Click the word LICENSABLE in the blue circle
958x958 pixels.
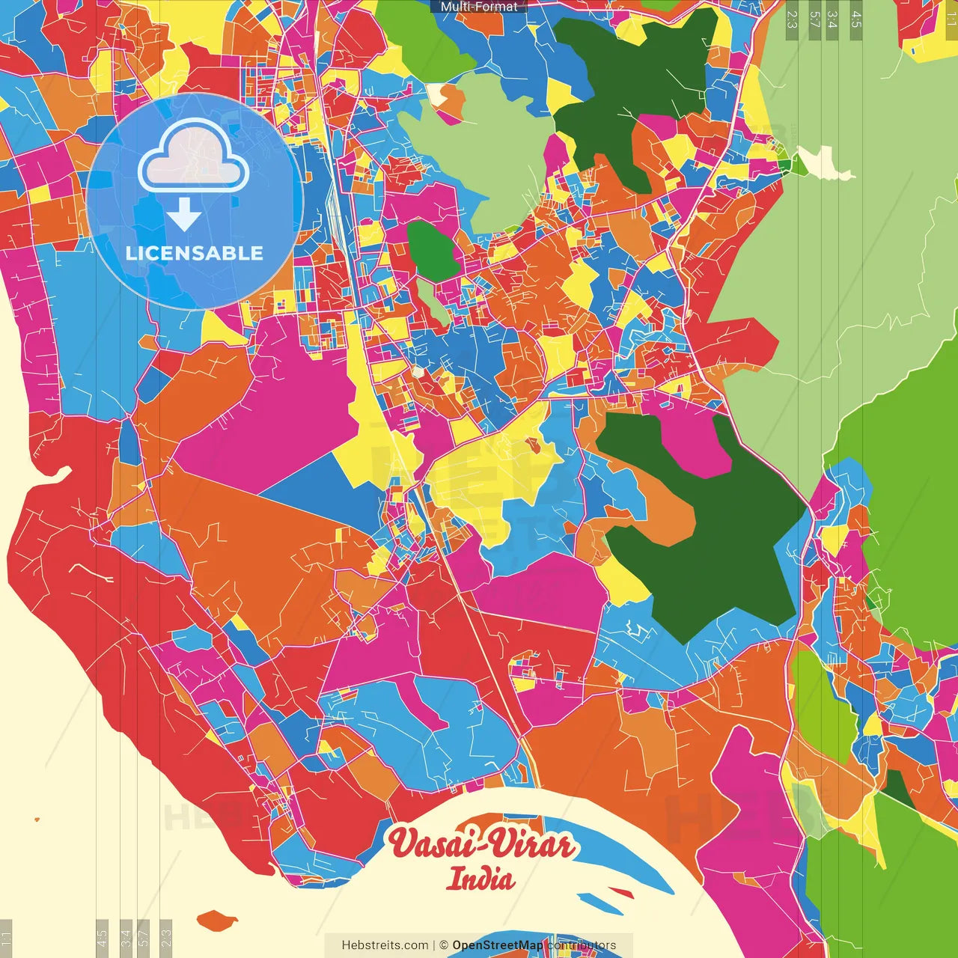195,253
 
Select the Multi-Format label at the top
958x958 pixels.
479,7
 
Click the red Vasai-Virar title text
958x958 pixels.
481,844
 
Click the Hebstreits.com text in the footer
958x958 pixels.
385,945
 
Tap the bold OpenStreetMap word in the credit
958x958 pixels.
497,945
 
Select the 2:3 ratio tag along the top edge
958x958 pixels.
792,19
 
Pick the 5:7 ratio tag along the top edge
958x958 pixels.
814,19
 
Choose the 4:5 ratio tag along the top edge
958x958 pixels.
856,19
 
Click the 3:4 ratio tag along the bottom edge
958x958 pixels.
126,938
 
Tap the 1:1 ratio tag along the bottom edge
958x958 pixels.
6,938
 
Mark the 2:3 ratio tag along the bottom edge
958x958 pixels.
166,938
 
